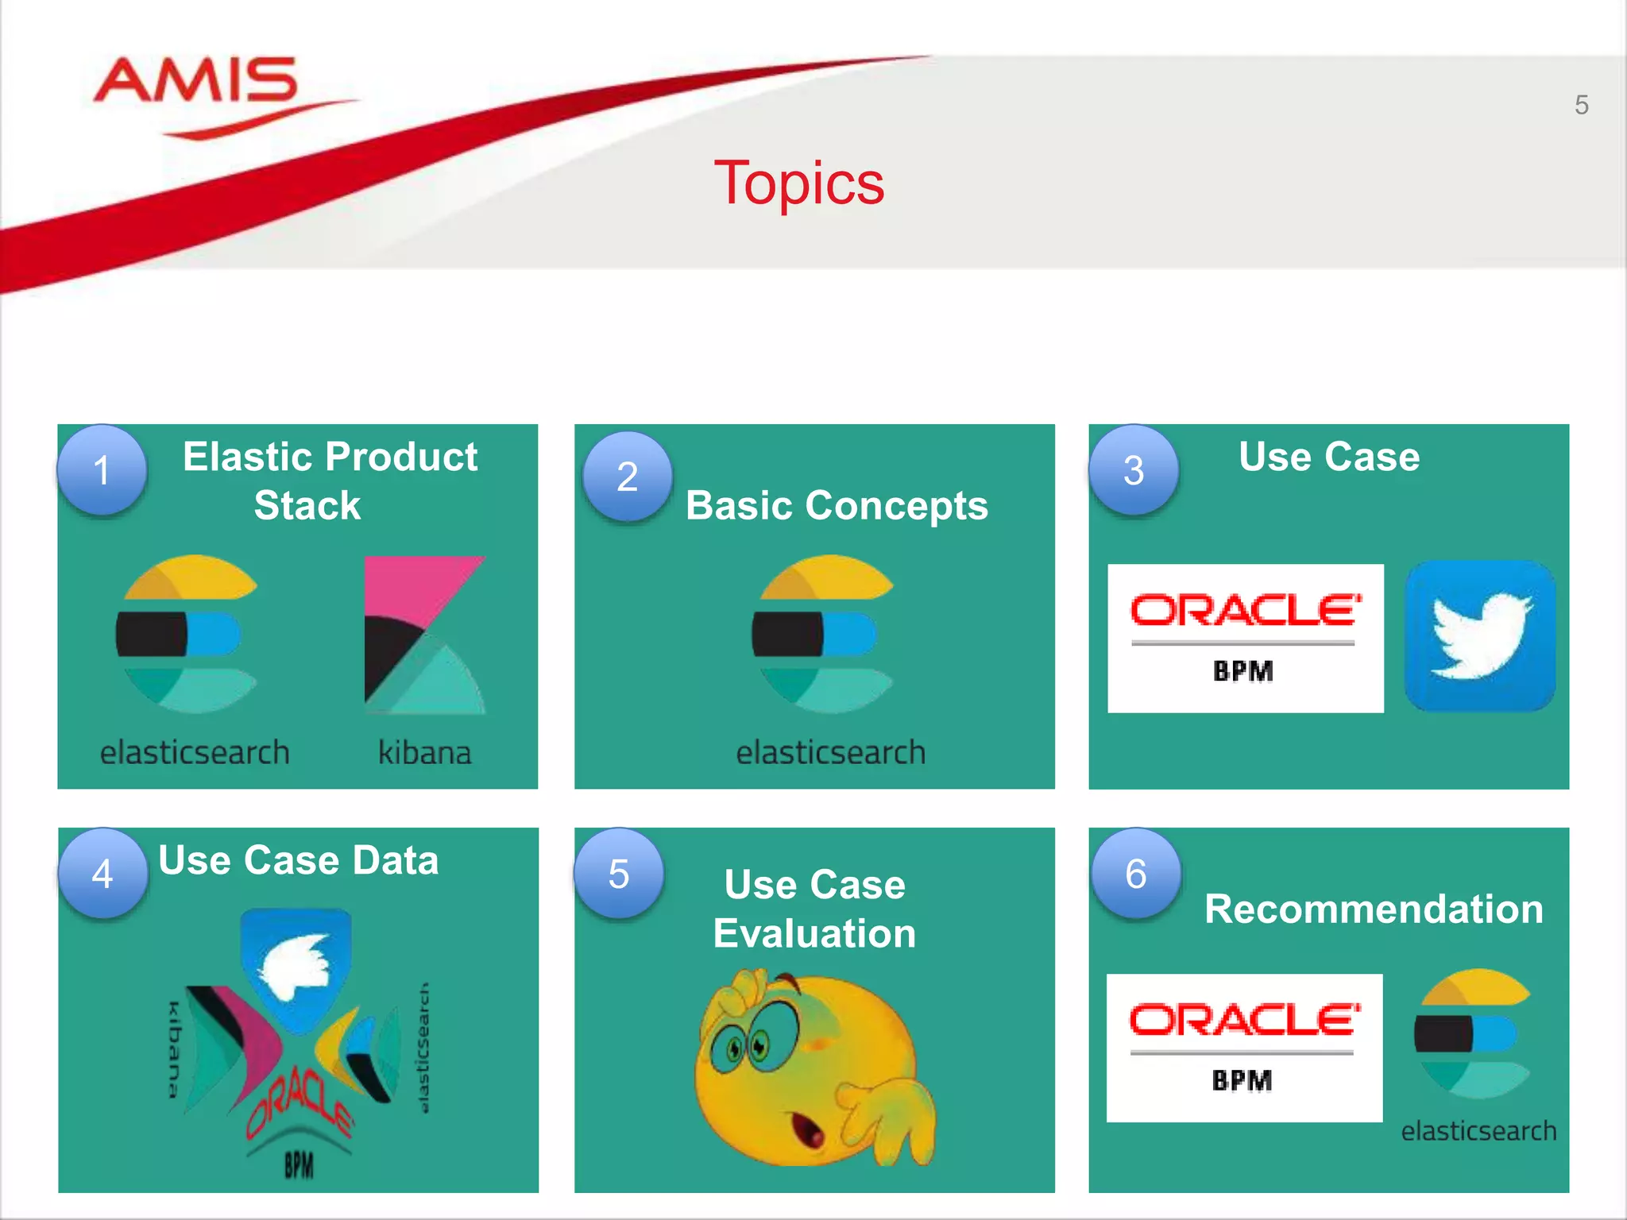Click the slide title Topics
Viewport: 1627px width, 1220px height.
[798, 183]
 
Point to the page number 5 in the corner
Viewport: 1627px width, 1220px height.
[1581, 105]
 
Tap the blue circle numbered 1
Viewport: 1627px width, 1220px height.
[102, 470]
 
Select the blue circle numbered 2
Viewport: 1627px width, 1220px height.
[628, 477]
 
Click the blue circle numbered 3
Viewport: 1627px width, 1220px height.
[1134, 470]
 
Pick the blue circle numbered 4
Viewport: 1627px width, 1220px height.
[102, 874]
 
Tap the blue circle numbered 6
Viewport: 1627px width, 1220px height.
[1136, 874]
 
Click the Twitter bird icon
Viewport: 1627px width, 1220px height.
[1480, 635]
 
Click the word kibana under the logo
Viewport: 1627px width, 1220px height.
[424, 752]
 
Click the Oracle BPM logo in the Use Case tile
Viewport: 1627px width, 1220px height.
[1245, 638]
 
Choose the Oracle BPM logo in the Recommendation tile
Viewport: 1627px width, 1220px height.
[1244, 1048]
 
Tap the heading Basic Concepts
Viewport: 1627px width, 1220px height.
[837, 505]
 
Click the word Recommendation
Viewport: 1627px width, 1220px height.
[1374, 909]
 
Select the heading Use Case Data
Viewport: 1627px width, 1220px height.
[298, 860]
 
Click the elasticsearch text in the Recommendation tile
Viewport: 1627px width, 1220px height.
[1478, 1130]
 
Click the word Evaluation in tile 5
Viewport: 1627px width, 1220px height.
[814, 933]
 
